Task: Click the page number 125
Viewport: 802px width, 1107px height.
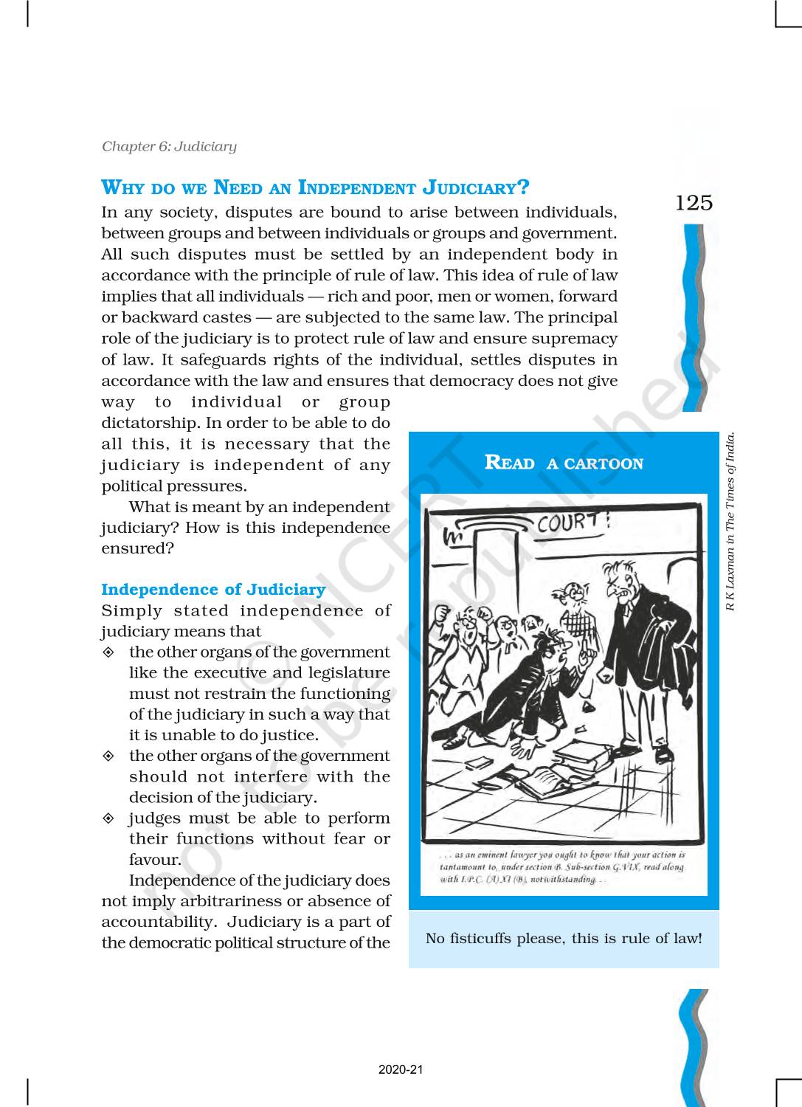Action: (x=694, y=202)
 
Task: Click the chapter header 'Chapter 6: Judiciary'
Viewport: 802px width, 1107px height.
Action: (x=169, y=146)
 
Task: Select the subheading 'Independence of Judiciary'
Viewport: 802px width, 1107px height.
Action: (x=212, y=590)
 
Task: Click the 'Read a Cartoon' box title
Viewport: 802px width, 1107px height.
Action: (x=564, y=463)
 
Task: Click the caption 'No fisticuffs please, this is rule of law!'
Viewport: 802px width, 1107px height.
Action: (x=564, y=939)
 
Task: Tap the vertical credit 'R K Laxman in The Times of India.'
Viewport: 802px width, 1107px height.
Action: (x=732, y=521)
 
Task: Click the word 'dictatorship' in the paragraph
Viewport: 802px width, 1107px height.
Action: (x=149, y=424)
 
